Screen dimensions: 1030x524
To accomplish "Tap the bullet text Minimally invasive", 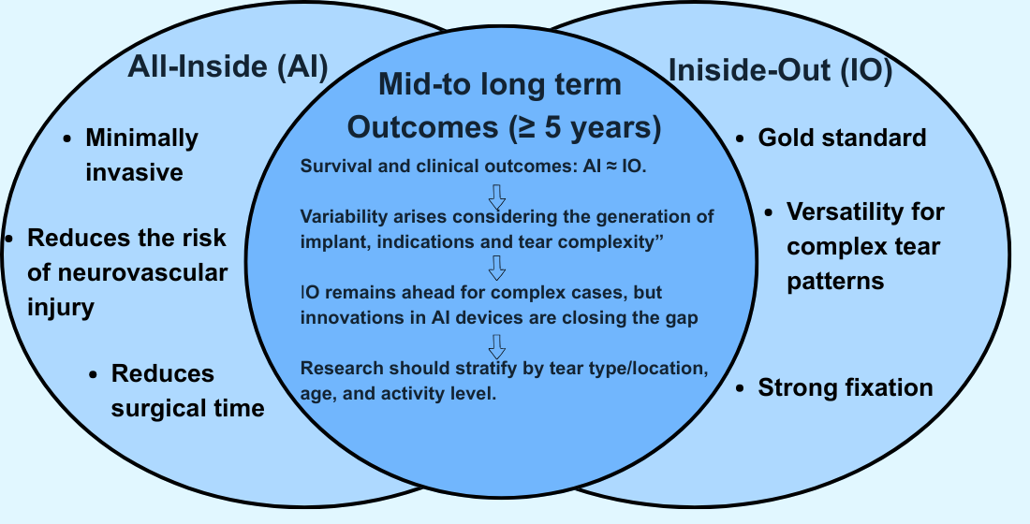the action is tap(141, 155).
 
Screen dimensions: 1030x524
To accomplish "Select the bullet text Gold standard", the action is tap(842, 138).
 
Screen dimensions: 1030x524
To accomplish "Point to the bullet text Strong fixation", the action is tap(845, 387).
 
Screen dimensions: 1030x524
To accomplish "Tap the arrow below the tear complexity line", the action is tap(497, 269).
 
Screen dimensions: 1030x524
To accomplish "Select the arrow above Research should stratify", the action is tap(497, 345).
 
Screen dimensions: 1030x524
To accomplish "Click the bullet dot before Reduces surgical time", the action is tap(93, 374).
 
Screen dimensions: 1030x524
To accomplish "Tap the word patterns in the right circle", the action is tap(835, 281).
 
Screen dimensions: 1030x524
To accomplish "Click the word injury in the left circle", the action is tap(61, 306).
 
